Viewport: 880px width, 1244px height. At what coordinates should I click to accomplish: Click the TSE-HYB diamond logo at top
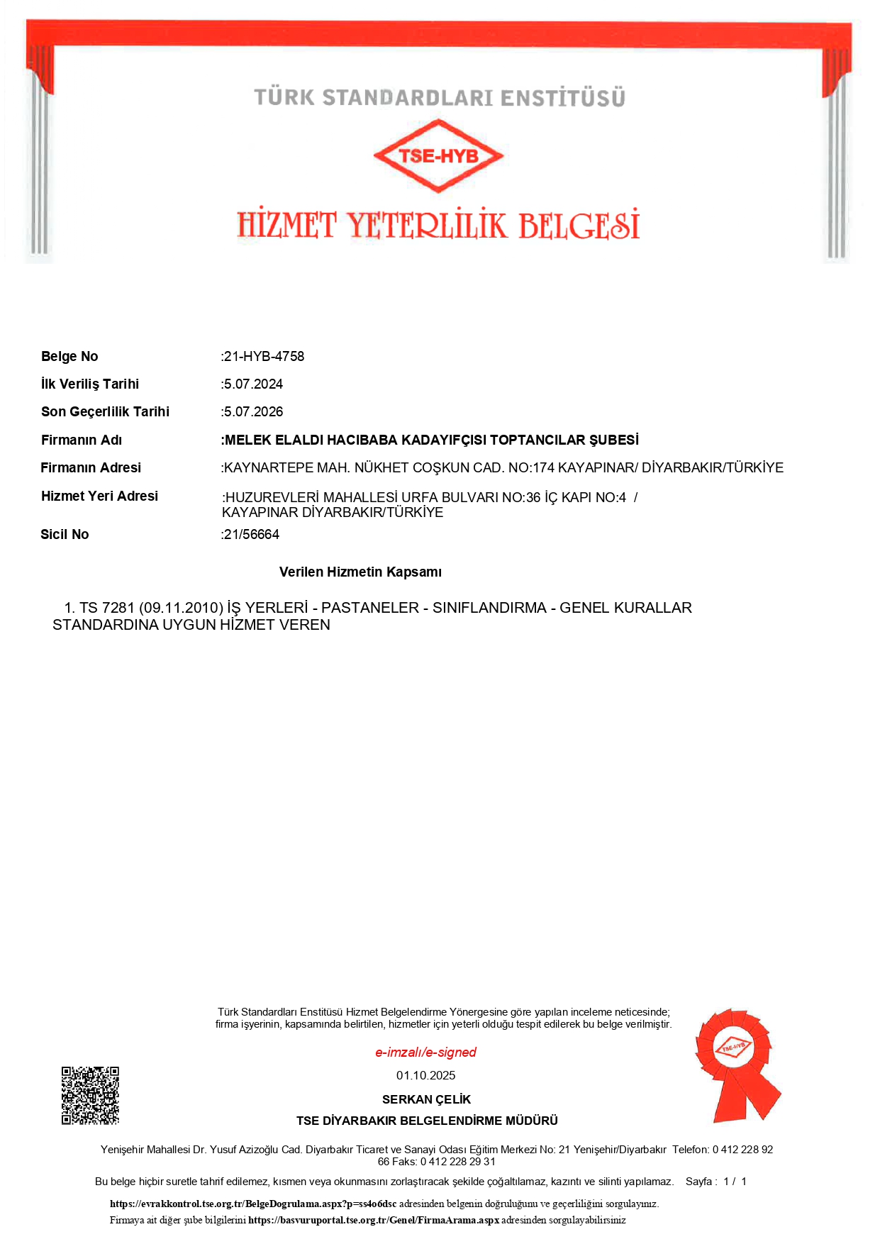(438, 156)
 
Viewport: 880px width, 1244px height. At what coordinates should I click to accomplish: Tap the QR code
(90, 1095)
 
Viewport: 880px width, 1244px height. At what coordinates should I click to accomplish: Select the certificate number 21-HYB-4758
(264, 356)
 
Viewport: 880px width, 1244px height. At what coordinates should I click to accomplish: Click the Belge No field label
(69, 356)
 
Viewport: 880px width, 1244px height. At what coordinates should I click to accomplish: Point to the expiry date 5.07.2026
(253, 411)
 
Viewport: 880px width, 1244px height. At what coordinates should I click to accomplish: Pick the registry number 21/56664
(251, 534)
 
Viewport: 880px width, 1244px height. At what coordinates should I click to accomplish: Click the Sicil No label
(65, 534)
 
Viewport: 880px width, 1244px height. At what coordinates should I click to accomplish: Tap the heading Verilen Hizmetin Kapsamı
(360, 572)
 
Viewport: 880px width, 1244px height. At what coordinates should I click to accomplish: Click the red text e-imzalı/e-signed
(425, 1052)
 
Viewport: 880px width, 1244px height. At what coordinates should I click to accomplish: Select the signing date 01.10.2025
(425, 1075)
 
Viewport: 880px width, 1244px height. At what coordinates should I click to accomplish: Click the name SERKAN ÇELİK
(426, 1099)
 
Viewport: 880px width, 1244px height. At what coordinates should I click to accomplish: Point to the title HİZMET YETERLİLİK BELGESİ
(438, 226)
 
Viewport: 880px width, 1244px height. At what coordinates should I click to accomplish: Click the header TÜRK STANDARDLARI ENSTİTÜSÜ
(440, 98)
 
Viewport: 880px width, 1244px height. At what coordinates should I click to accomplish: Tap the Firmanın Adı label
(82, 440)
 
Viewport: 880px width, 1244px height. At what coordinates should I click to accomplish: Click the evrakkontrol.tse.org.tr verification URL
(253, 1204)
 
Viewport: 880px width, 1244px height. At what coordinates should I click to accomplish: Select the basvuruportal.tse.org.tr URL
(374, 1220)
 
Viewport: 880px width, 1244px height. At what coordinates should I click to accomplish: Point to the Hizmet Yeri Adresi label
(99, 496)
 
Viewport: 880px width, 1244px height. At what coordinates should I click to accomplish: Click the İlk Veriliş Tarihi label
(90, 384)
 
